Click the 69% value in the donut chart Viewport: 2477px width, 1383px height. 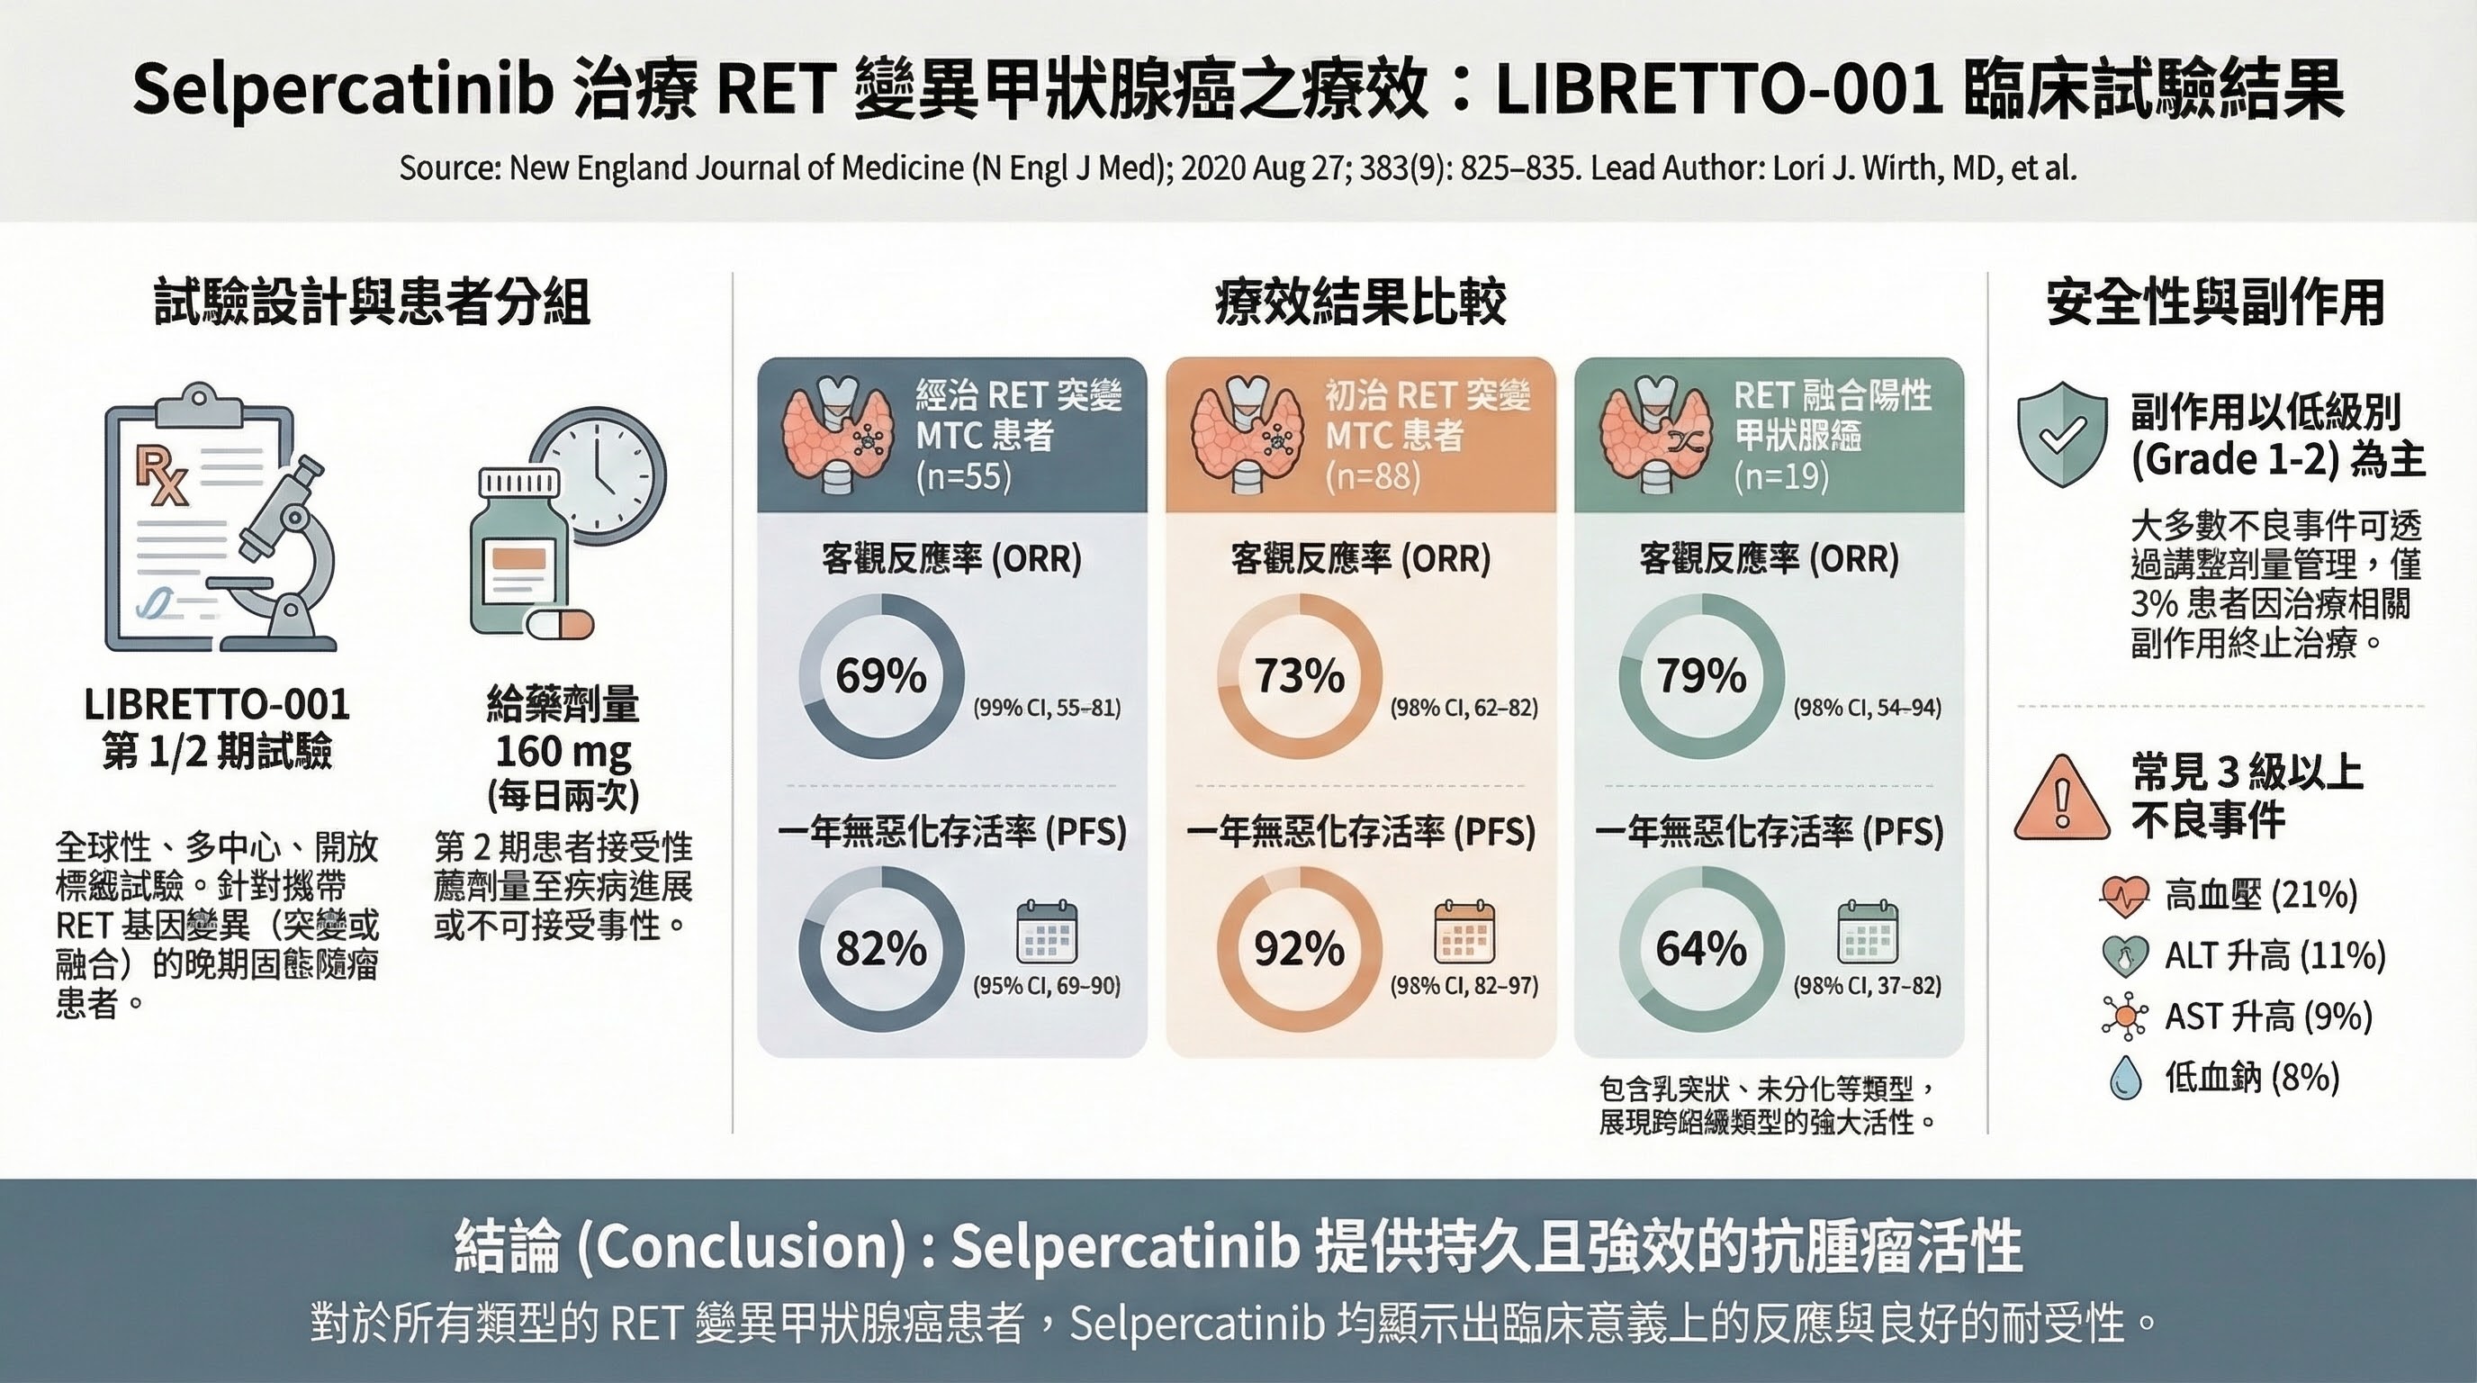tap(881, 675)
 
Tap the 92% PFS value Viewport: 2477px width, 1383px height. tap(1298, 949)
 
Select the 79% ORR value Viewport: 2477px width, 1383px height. tap(1700, 675)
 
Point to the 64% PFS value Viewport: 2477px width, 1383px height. tap(1700, 949)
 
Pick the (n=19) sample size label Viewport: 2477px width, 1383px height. tap(1781, 477)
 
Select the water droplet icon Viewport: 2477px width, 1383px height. tap(2124, 1078)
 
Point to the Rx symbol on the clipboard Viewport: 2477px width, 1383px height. tap(160, 475)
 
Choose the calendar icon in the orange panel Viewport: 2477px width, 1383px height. tap(1464, 932)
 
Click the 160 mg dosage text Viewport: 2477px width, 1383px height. tap(563, 750)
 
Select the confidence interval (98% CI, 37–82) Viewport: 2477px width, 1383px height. tap(1867, 986)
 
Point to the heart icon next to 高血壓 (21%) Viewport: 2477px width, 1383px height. tap(2124, 895)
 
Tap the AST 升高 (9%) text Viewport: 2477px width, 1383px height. tap(2268, 1017)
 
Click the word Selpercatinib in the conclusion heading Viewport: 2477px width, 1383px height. tap(1124, 1246)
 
